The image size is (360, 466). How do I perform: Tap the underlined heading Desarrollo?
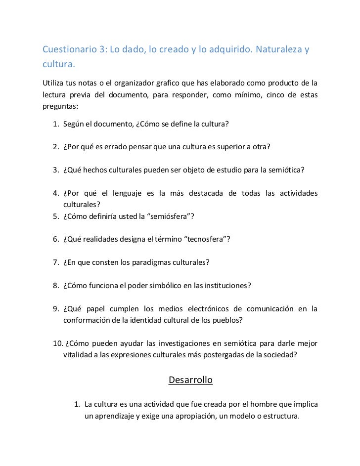click(x=190, y=380)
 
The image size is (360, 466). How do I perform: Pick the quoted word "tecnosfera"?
click(x=205, y=239)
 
